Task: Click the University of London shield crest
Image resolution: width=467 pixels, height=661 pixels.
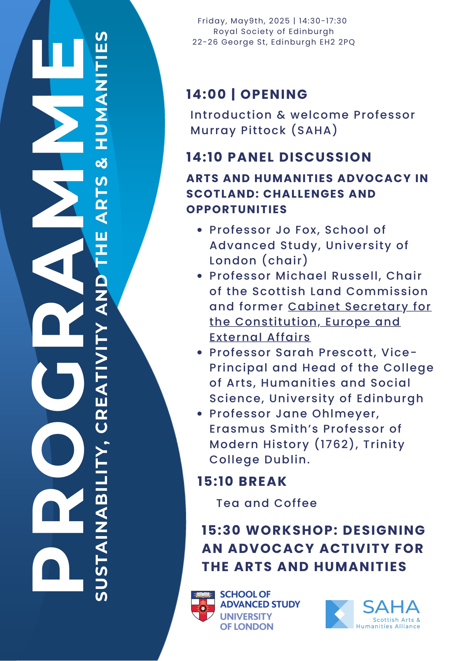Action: click(x=203, y=606)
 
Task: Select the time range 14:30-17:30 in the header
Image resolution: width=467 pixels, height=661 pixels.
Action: click(x=323, y=21)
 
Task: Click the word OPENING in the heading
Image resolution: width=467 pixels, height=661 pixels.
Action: click(x=274, y=95)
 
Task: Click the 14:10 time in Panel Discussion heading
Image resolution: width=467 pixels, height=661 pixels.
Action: click(x=204, y=157)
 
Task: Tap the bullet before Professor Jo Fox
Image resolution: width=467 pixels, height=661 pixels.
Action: click(x=199, y=230)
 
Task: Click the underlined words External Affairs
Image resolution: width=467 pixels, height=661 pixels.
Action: click(x=260, y=337)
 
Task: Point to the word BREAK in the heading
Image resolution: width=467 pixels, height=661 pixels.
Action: click(x=263, y=482)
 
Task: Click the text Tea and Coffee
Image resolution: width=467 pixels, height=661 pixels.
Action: click(x=267, y=503)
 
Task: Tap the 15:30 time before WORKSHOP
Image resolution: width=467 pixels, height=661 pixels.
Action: click(x=221, y=530)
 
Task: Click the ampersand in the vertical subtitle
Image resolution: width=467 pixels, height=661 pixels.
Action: click(x=102, y=163)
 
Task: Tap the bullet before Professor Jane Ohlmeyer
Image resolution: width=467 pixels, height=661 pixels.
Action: click(x=199, y=414)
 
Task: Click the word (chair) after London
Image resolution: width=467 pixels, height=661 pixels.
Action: click(x=285, y=260)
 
